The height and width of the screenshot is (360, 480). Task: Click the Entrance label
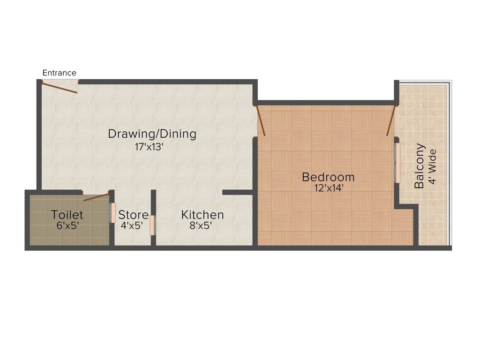(59, 73)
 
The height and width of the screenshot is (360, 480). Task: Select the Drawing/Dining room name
(152, 134)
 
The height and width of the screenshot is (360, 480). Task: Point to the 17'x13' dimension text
(149, 146)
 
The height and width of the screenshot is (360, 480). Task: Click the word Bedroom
(328, 177)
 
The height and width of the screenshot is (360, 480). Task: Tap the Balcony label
(420, 166)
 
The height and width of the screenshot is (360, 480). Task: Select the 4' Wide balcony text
(432, 166)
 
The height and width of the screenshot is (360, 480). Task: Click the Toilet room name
(67, 215)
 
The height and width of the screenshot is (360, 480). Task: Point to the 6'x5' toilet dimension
(67, 225)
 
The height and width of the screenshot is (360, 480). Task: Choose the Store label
(133, 215)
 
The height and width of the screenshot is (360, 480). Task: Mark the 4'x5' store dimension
(132, 225)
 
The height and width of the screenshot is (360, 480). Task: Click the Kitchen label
(202, 215)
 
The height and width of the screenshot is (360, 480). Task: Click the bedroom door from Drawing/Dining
(261, 121)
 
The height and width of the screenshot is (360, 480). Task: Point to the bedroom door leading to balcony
(390, 121)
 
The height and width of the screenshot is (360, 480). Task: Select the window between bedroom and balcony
(396, 163)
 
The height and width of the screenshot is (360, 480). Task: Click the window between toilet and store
(112, 213)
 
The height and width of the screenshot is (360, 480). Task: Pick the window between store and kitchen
(152, 225)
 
